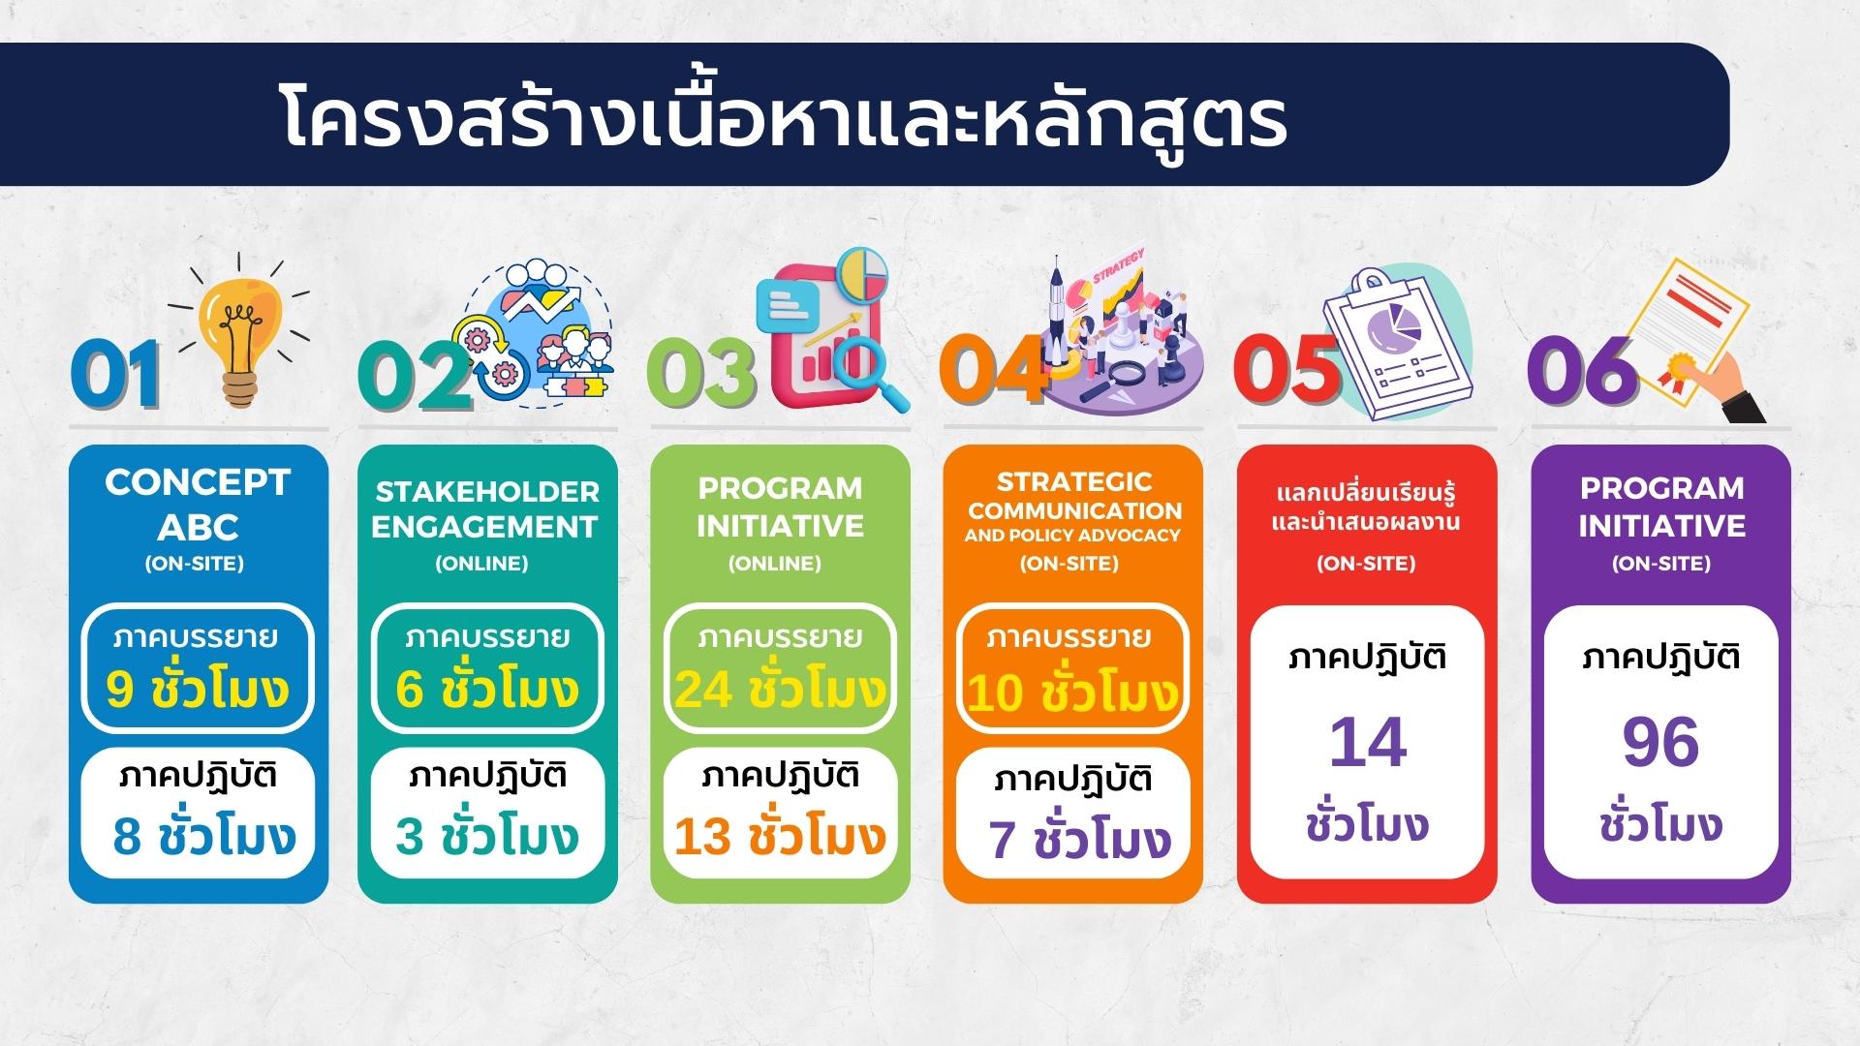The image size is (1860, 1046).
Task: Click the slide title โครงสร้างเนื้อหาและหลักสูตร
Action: (x=786, y=116)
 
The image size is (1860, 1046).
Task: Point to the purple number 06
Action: (x=1582, y=373)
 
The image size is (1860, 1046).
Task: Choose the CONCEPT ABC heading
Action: (x=198, y=504)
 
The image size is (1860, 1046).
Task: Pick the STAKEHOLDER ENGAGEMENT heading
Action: (x=486, y=508)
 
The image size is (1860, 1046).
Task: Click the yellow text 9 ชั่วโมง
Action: (x=198, y=690)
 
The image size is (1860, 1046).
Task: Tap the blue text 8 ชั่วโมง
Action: (x=203, y=836)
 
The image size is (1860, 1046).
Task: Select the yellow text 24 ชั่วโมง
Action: (x=781, y=690)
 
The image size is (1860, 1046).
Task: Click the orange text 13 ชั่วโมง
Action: (x=781, y=836)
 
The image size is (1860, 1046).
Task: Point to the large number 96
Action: (x=1660, y=743)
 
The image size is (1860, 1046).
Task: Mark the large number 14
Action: (x=1367, y=743)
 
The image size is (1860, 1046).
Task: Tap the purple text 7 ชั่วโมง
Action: (x=1080, y=839)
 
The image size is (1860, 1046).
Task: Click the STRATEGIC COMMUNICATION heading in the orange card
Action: (x=1073, y=496)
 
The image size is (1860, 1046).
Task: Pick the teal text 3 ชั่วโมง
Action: (x=487, y=836)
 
